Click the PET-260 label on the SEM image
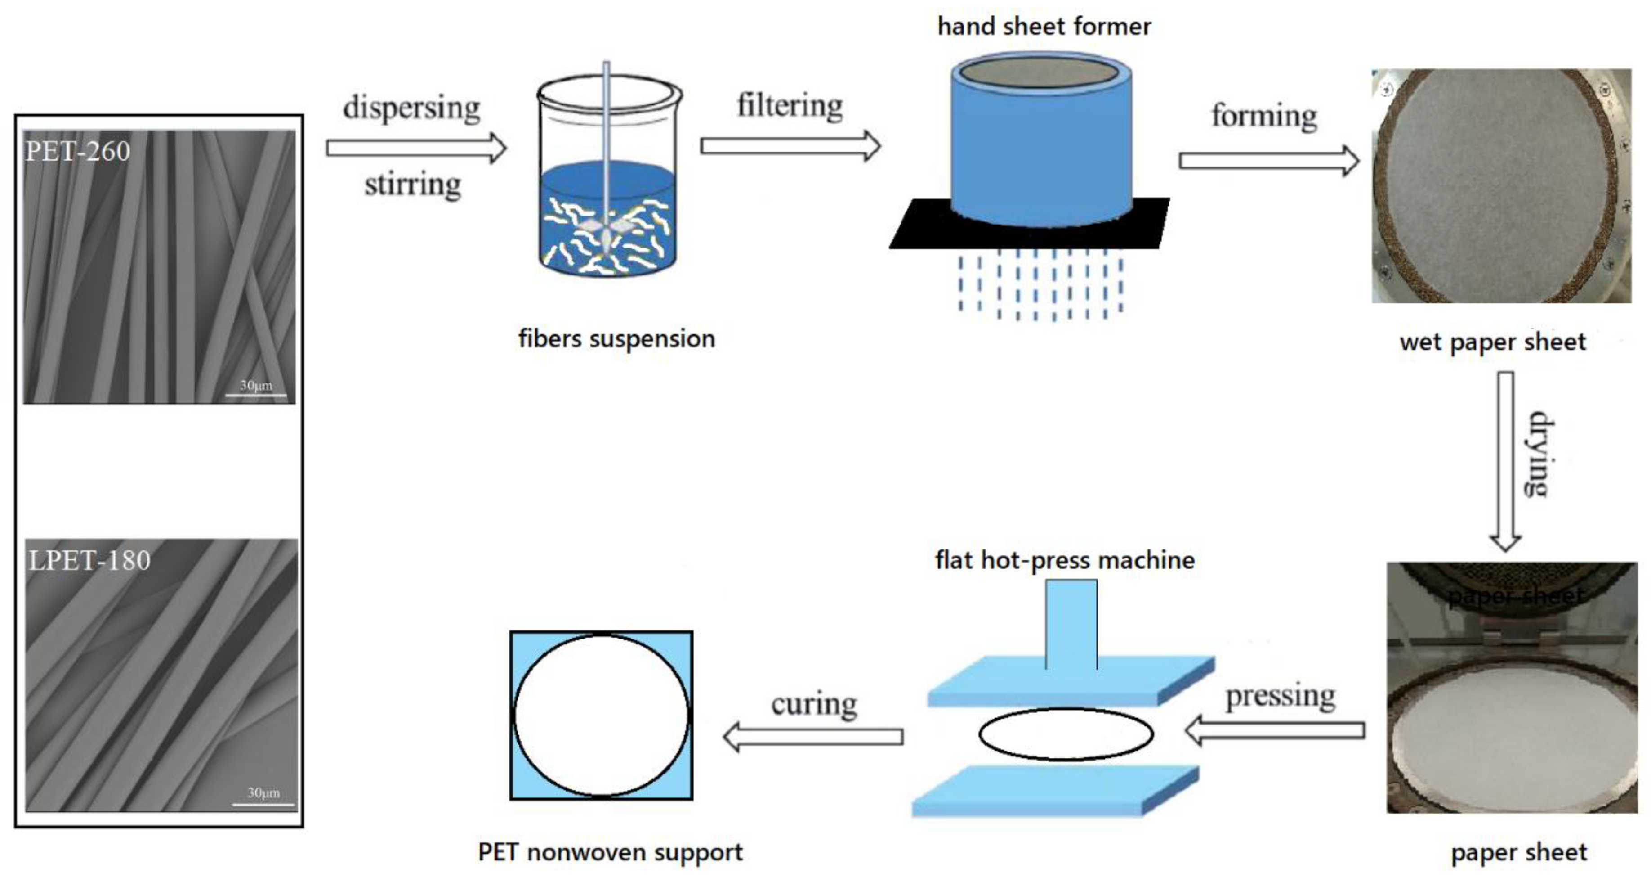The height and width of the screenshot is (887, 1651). click(77, 151)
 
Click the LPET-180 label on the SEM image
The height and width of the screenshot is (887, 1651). click(89, 561)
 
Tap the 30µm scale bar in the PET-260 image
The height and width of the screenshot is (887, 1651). click(256, 394)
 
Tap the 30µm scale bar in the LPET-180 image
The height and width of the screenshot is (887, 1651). click(263, 803)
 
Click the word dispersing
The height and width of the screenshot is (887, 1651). click(411, 107)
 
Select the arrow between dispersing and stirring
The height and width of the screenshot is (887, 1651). click(416, 148)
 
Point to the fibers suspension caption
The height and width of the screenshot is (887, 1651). click(616, 338)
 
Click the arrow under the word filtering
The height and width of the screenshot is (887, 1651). click(790, 146)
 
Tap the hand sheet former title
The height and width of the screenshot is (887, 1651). click(1044, 26)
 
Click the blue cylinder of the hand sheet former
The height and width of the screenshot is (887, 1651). click(1041, 154)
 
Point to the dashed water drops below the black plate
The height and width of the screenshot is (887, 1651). click(1040, 287)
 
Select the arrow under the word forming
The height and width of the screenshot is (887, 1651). click(1268, 160)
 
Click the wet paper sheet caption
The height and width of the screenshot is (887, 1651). click(1492, 342)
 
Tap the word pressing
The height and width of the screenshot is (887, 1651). click(1280, 696)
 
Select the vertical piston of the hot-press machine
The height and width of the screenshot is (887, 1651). click(1071, 623)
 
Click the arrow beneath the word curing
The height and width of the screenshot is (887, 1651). click(812, 737)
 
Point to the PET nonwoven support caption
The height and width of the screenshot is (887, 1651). click(610, 852)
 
